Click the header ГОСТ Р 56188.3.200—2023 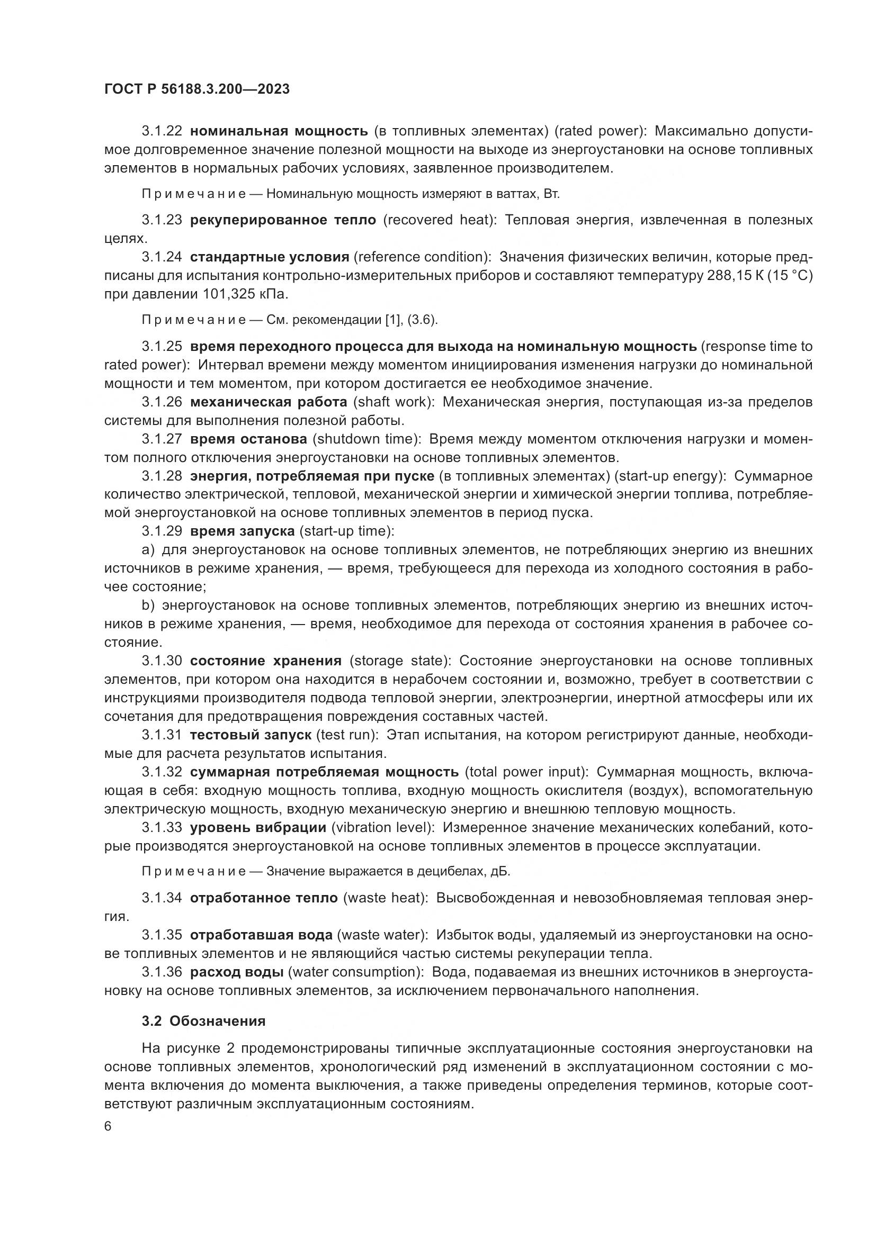tap(197, 89)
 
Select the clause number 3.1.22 tap(162, 131)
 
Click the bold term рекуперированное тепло tap(283, 220)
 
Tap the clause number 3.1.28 tap(162, 476)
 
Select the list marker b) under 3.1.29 tap(148, 606)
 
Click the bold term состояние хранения tap(266, 661)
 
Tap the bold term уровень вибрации tap(258, 828)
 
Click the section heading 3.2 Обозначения tap(204, 1021)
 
